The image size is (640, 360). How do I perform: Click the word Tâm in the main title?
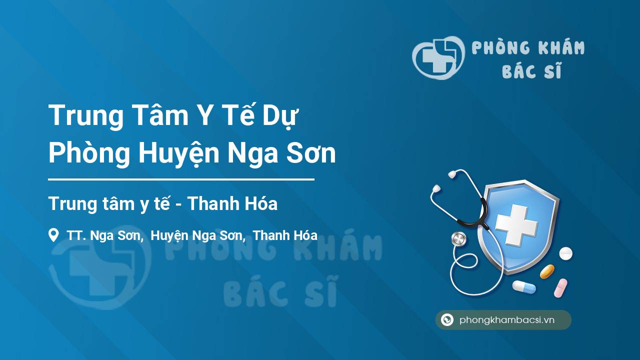[x=160, y=114]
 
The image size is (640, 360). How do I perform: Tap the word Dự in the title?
[x=280, y=115]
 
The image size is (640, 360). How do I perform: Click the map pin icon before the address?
[x=53, y=235]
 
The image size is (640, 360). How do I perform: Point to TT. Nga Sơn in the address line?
[x=104, y=235]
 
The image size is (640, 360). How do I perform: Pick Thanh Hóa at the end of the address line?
[x=285, y=235]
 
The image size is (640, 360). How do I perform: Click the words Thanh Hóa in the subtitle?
[x=232, y=203]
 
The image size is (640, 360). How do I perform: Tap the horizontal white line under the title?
[x=181, y=179]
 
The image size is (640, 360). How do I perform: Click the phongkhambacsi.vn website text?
[x=507, y=320]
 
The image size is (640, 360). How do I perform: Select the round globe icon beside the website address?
[x=447, y=319]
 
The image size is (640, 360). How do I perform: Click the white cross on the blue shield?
[x=516, y=224]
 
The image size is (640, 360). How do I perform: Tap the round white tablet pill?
[x=565, y=253]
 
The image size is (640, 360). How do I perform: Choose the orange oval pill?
[x=547, y=271]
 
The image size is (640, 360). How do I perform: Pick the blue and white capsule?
[x=524, y=287]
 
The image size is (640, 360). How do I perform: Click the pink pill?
[x=560, y=288]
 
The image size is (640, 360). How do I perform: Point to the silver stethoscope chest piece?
[x=458, y=239]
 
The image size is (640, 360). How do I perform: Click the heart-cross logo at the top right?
[x=438, y=57]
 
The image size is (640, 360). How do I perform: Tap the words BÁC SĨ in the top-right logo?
[x=532, y=70]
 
